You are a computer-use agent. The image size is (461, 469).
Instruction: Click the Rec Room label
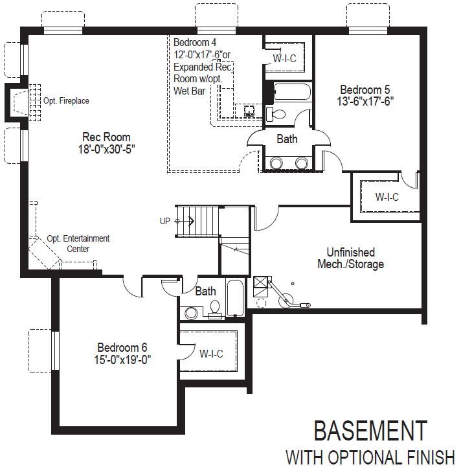(x=106, y=137)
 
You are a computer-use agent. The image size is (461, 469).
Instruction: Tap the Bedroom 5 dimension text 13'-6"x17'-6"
(x=365, y=102)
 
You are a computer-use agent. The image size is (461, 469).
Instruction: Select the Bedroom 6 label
(x=122, y=347)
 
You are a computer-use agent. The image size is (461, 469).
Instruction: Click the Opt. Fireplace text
(x=66, y=100)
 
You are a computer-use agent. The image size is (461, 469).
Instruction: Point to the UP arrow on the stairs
(x=185, y=221)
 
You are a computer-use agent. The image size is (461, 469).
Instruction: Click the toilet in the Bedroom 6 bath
(x=214, y=308)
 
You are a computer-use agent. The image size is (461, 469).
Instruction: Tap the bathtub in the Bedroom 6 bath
(x=235, y=297)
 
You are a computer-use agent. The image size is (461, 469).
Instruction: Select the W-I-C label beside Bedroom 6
(x=211, y=354)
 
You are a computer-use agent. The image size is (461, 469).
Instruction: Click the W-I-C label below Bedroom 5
(x=387, y=197)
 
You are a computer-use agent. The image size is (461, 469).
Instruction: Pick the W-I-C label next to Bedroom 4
(x=285, y=58)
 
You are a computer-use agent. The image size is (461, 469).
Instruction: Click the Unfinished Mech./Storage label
(x=351, y=258)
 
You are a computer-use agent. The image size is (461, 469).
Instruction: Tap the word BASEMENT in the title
(x=370, y=430)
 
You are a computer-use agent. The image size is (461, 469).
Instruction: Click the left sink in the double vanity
(x=276, y=163)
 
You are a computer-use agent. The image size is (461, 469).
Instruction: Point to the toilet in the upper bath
(x=276, y=114)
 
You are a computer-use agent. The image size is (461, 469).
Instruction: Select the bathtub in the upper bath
(x=293, y=91)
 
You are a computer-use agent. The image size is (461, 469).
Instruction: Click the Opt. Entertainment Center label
(x=78, y=244)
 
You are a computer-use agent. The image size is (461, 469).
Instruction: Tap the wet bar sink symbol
(x=249, y=111)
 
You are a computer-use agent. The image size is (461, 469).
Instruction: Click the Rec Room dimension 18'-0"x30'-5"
(x=106, y=149)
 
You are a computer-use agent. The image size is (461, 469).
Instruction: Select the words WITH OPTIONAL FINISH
(x=370, y=457)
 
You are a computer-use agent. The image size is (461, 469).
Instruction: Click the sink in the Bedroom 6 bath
(x=191, y=313)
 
